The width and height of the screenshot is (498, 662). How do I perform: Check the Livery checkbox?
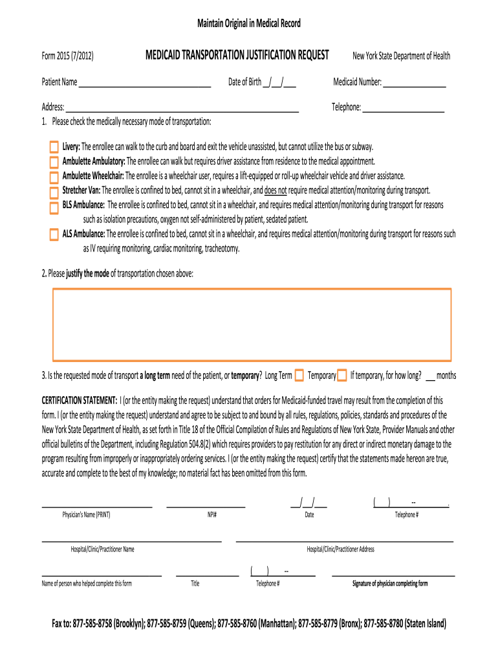(54, 147)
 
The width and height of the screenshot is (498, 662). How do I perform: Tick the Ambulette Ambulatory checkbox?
(54, 162)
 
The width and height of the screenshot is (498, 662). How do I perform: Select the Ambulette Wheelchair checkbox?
(54, 176)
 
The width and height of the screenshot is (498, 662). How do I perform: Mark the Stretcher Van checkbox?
(54, 191)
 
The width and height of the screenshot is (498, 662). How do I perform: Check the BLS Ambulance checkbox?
(54, 206)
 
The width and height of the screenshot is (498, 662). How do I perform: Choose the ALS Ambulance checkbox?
(54, 235)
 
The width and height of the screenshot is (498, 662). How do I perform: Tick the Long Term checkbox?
(299, 376)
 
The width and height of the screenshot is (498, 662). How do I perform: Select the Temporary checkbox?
(342, 376)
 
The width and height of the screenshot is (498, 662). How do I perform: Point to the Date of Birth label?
(244, 82)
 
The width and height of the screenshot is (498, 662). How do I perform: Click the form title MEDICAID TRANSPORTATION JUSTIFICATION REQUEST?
(237, 55)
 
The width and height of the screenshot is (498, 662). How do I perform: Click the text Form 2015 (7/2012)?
(68, 56)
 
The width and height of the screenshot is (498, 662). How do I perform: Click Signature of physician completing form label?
(390, 584)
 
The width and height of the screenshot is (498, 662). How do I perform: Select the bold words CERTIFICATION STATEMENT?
(80, 400)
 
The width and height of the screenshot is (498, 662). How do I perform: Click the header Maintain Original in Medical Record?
(249, 24)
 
